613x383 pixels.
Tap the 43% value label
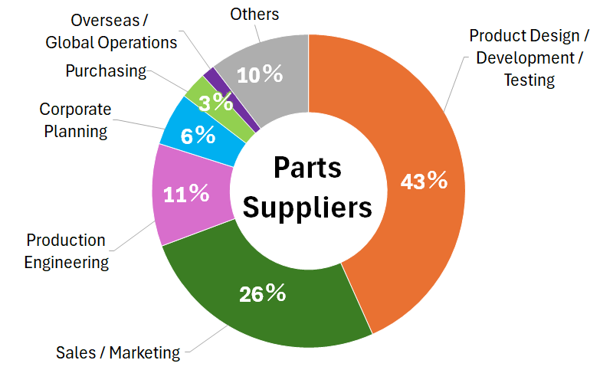424,181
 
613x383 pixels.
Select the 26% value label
263,293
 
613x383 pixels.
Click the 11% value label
187,194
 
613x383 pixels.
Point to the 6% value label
198,136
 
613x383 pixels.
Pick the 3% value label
217,103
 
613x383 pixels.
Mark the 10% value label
260,75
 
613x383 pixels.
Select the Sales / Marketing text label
118,353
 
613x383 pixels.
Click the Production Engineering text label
66,252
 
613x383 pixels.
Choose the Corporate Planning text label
74,120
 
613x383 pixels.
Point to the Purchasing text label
106,71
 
